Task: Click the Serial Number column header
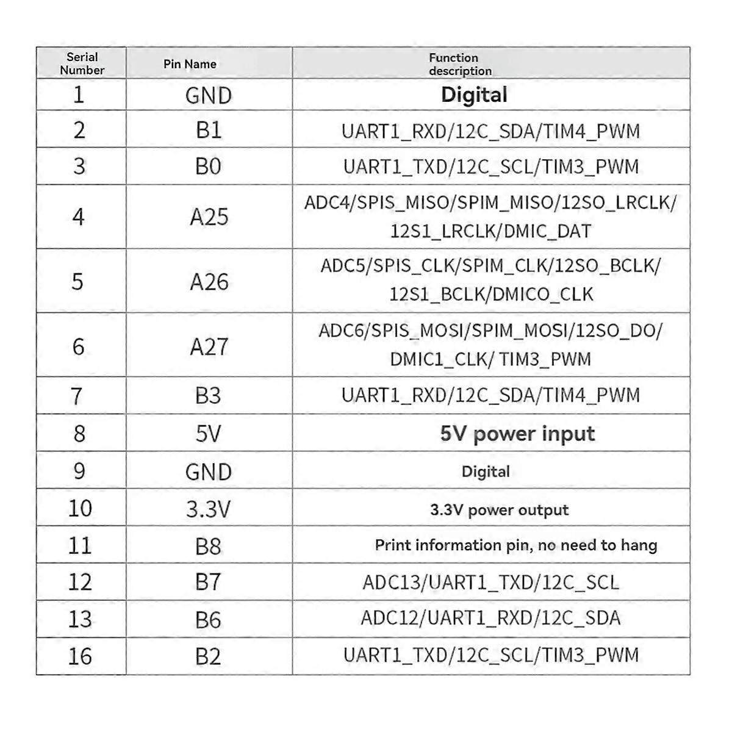82,63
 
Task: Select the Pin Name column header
190,64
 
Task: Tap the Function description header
460,64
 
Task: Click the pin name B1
209,130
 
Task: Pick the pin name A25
209,217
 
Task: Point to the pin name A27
209,346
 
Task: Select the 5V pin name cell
209,434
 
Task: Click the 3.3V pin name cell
209,509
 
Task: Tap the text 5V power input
517,434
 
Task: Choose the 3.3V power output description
499,510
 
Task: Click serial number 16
80,656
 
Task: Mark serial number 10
80,508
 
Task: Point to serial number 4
78,217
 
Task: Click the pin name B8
209,546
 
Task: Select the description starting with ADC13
490,583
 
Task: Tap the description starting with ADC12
490,619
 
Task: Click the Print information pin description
515,545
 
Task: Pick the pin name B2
209,656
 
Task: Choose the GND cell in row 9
209,472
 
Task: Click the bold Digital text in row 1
474,95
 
